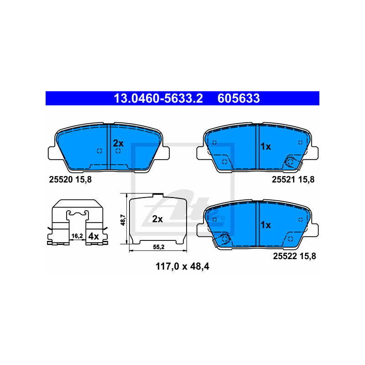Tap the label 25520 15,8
tap(70, 180)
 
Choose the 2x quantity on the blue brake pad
tap(119, 142)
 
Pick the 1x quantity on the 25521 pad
tap(266, 146)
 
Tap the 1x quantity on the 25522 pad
tap(266, 224)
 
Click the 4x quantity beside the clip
tap(93, 236)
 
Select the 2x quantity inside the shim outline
tap(157, 219)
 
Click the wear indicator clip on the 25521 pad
tap(290, 161)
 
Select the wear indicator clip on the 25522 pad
tap(224, 239)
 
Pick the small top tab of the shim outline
tap(157, 195)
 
